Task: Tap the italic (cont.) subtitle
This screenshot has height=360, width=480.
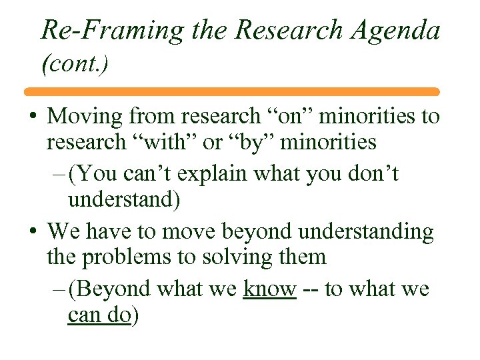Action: click(75, 64)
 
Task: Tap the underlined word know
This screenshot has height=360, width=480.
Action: click(269, 289)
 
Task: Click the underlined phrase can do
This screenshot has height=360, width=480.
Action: click(99, 314)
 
